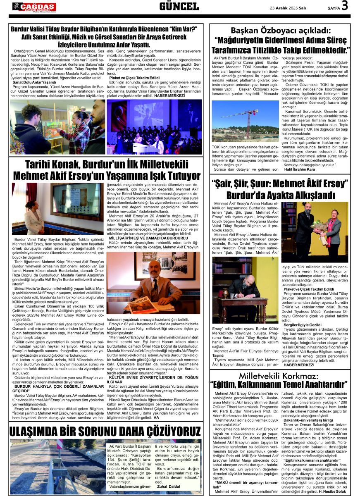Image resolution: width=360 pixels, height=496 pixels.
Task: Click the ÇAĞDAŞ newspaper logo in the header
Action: (x=34, y=7)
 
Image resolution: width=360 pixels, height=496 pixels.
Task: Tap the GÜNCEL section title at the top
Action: (x=179, y=6)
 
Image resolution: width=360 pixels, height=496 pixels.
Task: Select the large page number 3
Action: (x=345, y=6)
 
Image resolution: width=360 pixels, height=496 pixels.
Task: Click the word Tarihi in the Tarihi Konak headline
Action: (x=42, y=165)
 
